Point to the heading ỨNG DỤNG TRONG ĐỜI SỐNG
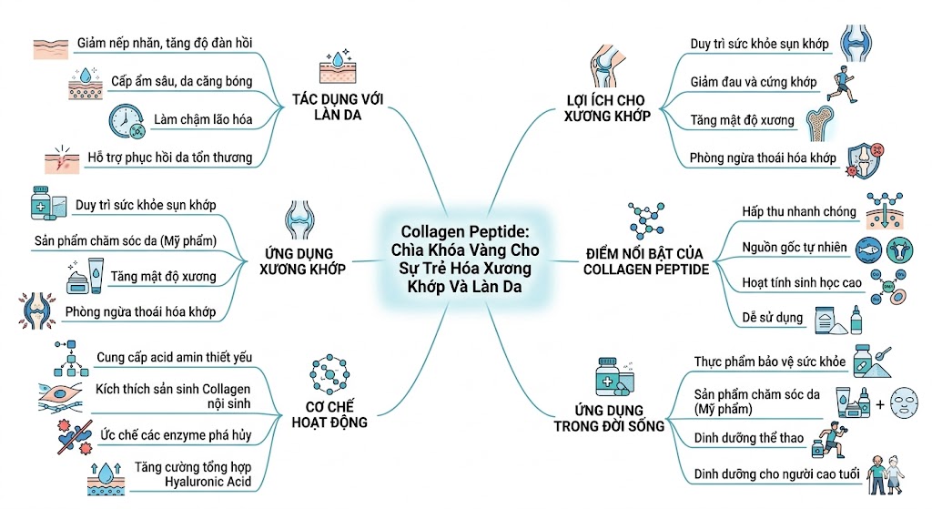tap(609, 418)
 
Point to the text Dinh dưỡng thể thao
tap(748, 438)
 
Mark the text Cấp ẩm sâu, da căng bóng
tap(182, 81)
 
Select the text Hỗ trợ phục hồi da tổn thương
tap(169, 158)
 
